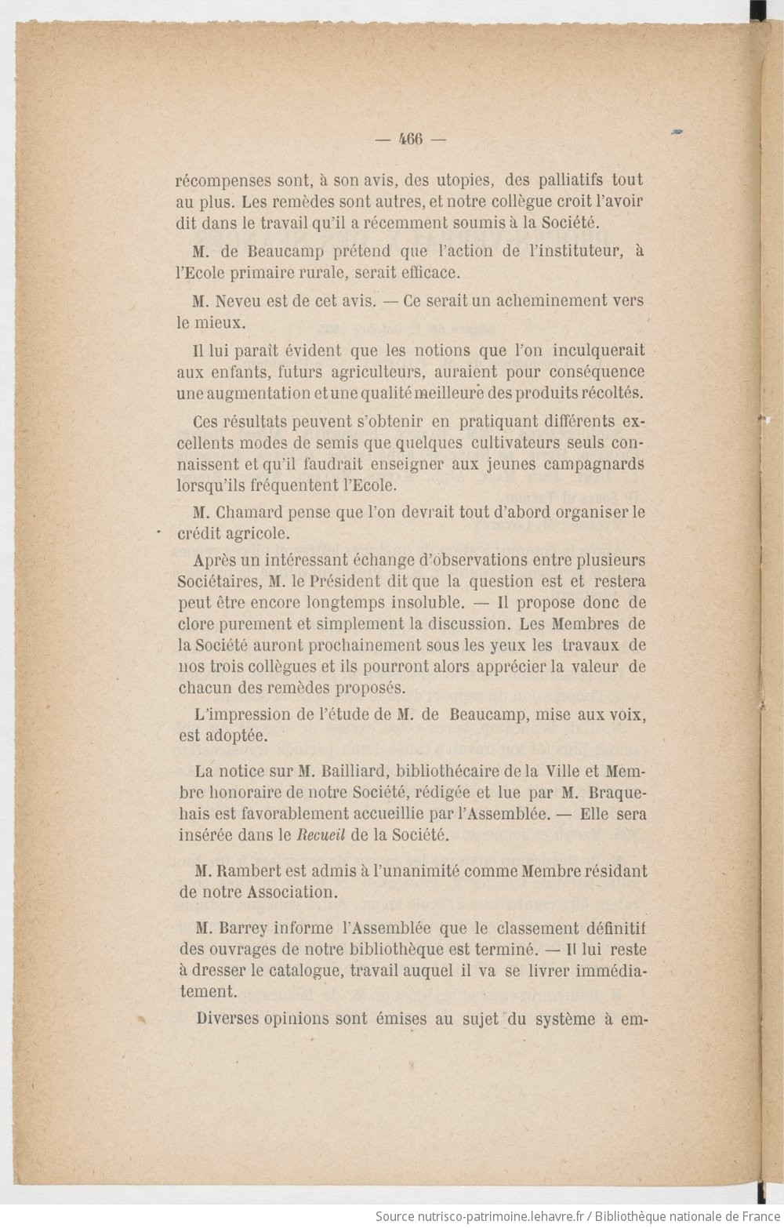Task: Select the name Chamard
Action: click(x=250, y=513)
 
